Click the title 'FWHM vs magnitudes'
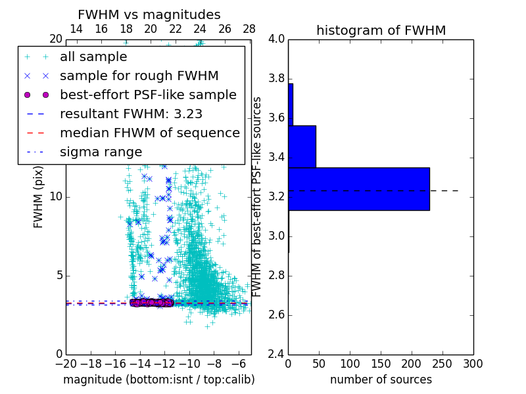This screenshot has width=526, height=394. pyautogui.click(x=149, y=14)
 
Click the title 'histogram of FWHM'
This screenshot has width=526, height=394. pyautogui.click(x=381, y=30)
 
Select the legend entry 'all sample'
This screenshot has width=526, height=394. pyautogui.click(x=93, y=57)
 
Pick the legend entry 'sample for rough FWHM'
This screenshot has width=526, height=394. pyautogui.click(x=139, y=76)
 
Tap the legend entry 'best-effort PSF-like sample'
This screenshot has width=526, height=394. pyautogui.click(x=148, y=95)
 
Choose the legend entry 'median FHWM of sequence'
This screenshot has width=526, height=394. pyautogui.click(x=149, y=133)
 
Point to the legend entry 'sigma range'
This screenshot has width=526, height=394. pyautogui.click(x=101, y=152)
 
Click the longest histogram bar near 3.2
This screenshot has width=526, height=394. pyautogui.click(x=358, y=189)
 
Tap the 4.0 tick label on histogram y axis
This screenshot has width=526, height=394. pyautogui.click(x=276, y=39)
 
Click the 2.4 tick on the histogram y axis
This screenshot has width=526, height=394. pyautogui.click(x=276, y=354)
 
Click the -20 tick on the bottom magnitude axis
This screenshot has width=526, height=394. pyautogui.click(x=66, y=364)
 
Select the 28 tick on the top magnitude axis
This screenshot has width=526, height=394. pyautogui.click(x=249, y=29)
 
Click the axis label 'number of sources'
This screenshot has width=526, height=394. pyautogui.click(x=381, y=380)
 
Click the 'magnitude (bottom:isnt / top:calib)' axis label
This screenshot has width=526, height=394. pyautogui.click(x=158, y=380)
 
